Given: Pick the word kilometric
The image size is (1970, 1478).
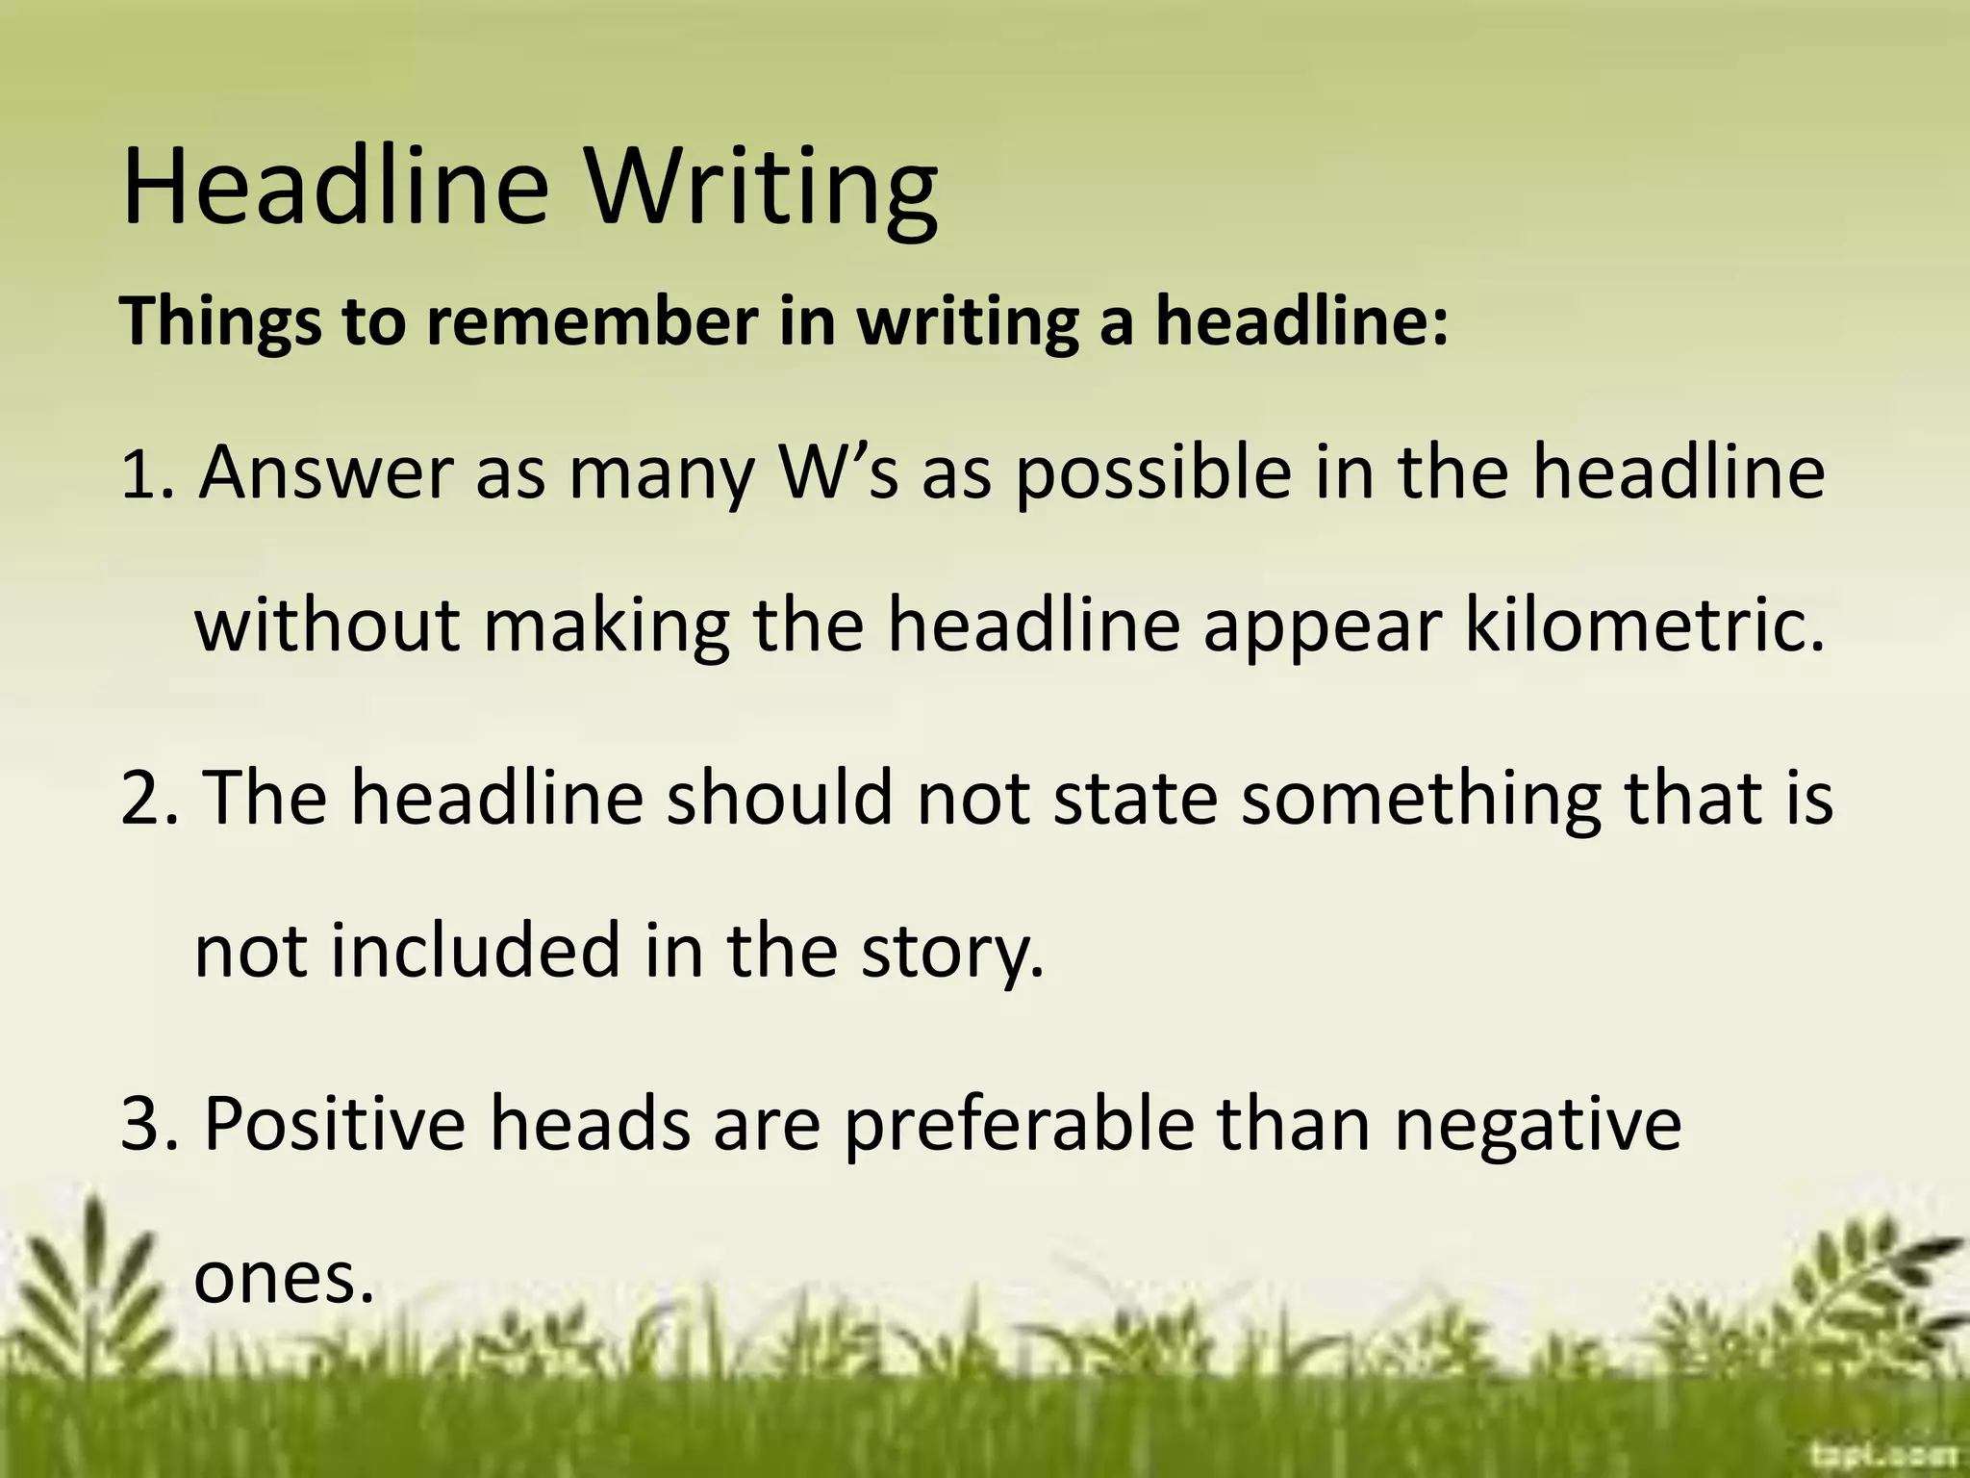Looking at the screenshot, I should (1644, 624).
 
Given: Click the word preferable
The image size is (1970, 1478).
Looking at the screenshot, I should (1019, 1125).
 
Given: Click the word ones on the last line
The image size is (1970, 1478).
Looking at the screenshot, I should (283, 1279).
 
